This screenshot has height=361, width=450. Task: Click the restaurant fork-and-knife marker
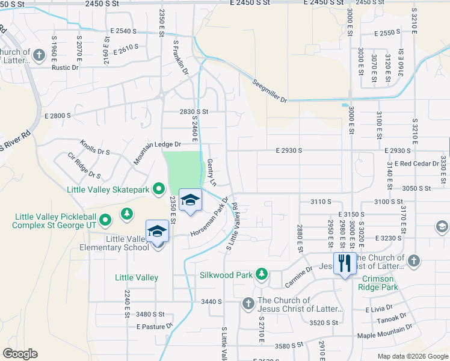[x=345, y=264]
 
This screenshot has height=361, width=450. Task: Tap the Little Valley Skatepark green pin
[x=158, y=190]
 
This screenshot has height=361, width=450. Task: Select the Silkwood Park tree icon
[x=261, y=274]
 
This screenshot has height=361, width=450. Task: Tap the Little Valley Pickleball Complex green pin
[x=105, y=220]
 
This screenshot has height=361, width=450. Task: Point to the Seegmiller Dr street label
[x=270, y=91]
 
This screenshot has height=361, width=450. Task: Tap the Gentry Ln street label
[x=211, y=172]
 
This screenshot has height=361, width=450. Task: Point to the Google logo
[x=20, y=354]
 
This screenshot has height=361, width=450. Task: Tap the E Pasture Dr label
[x=154, y=327]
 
